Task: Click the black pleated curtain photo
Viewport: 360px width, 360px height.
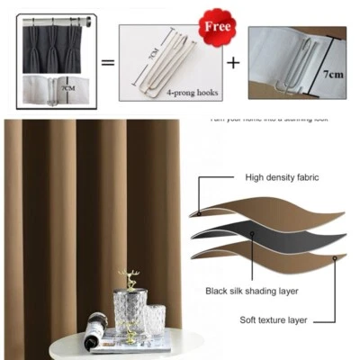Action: point(55,45)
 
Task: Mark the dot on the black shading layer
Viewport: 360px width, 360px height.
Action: point(254,233)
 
